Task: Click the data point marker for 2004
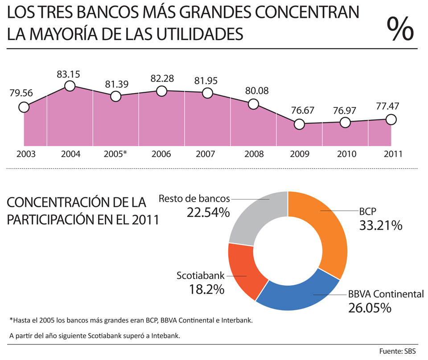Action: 70,86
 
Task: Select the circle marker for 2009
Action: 300,124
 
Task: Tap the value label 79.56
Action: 21,93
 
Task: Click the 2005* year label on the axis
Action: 115,154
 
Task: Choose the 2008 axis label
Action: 253,154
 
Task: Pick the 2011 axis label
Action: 391,154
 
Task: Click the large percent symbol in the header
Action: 400,29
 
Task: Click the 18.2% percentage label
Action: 206,290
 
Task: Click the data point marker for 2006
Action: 161,91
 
